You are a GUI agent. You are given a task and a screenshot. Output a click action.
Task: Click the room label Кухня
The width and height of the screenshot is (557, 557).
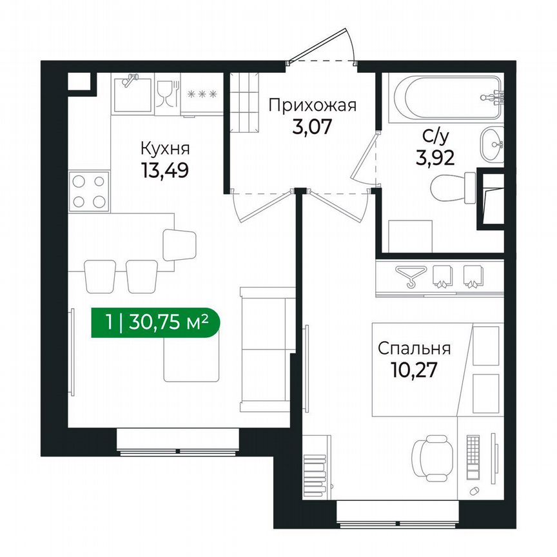point(165,150)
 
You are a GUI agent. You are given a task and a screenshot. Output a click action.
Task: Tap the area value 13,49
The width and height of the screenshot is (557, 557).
point(165,172)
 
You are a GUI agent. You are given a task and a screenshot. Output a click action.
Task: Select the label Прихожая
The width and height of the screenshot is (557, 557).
point(312,104)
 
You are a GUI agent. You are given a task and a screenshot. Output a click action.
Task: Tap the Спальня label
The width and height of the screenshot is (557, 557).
point(414,349)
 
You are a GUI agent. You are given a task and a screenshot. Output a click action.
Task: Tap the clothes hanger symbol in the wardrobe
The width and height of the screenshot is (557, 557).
point(407,277)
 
